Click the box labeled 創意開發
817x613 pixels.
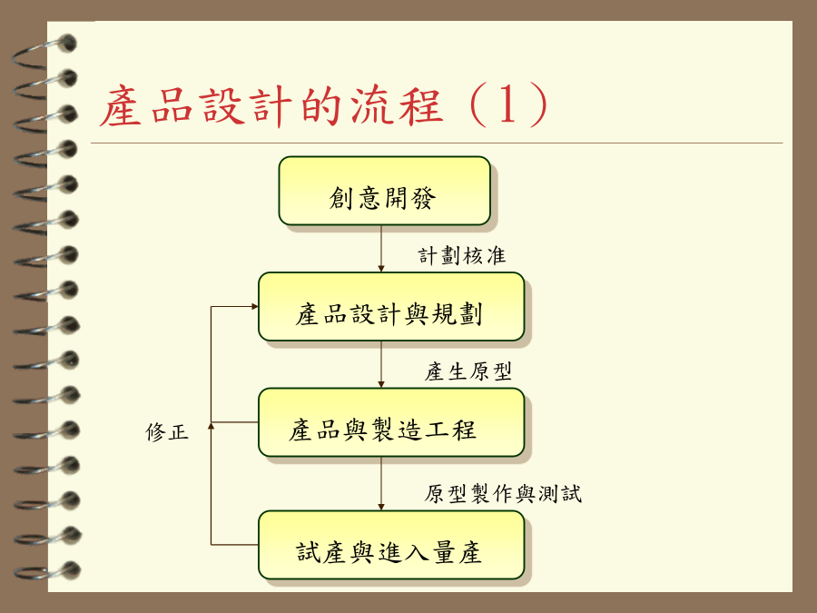(385, 191)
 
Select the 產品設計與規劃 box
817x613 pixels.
(391, 307)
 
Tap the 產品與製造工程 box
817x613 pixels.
(391, 422)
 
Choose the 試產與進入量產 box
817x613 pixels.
(391, 545)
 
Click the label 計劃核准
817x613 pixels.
(462, 256)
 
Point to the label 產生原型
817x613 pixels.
(468, 371)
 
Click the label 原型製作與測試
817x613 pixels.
(503, 494)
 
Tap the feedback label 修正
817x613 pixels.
(167, 432)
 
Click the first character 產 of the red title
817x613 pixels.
(121, 106)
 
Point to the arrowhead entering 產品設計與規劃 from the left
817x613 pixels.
(255, 307)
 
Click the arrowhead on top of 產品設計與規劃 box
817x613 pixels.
(381, 269)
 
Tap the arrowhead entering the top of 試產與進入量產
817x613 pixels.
(381, 507)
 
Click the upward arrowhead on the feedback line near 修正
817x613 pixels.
(211, 426)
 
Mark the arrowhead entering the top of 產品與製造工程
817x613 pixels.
(381, 385)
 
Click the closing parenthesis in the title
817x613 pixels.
(538, 105)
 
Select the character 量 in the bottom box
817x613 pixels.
(443, 552)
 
